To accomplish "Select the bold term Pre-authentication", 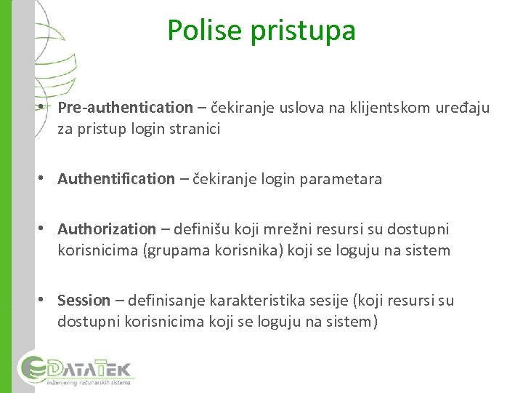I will [125, 108].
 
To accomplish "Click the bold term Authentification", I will [116, 179].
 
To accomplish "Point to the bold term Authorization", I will [107, 229].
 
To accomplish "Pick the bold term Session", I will [84, 301].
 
